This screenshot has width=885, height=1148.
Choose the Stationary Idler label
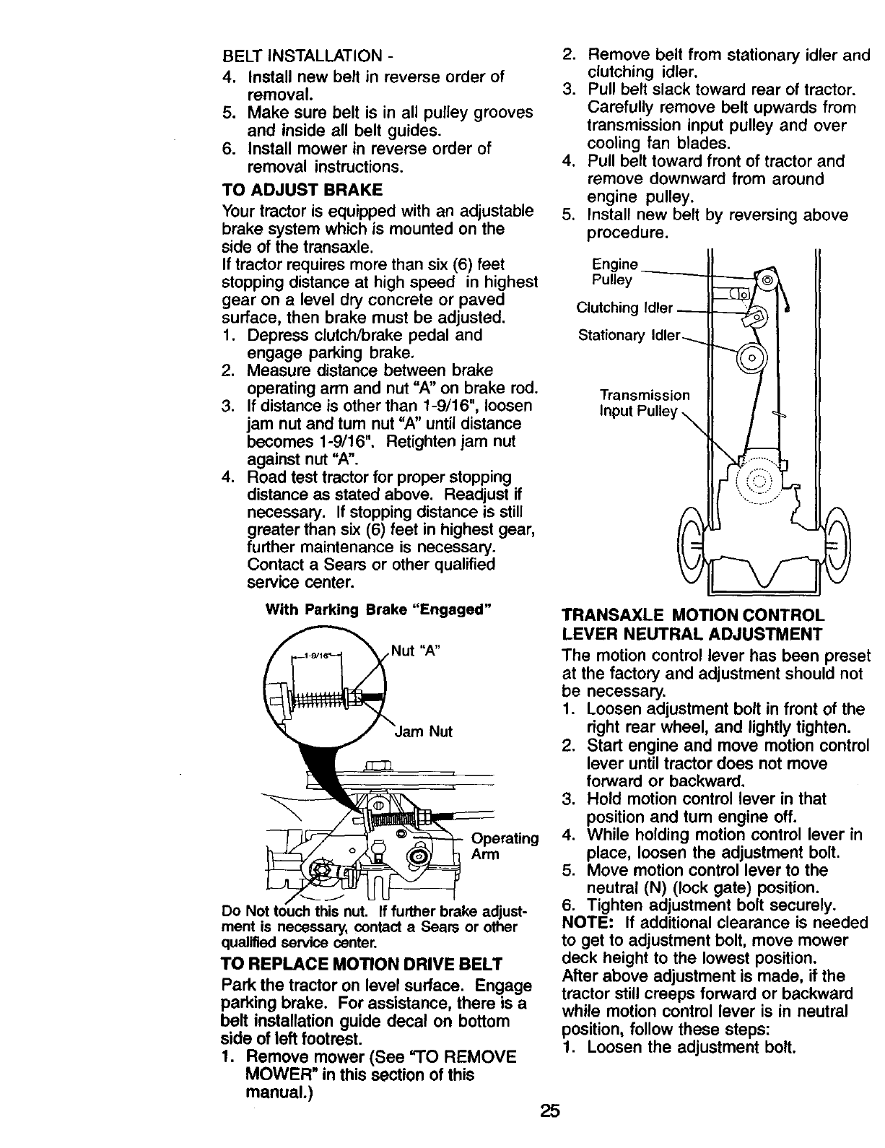[x=629, y=336]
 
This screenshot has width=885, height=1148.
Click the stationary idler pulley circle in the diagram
[x=751, y=358]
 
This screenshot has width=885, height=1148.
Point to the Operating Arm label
[x=504, y=846]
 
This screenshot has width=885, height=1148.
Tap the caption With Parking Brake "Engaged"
[x=378, y=609]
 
